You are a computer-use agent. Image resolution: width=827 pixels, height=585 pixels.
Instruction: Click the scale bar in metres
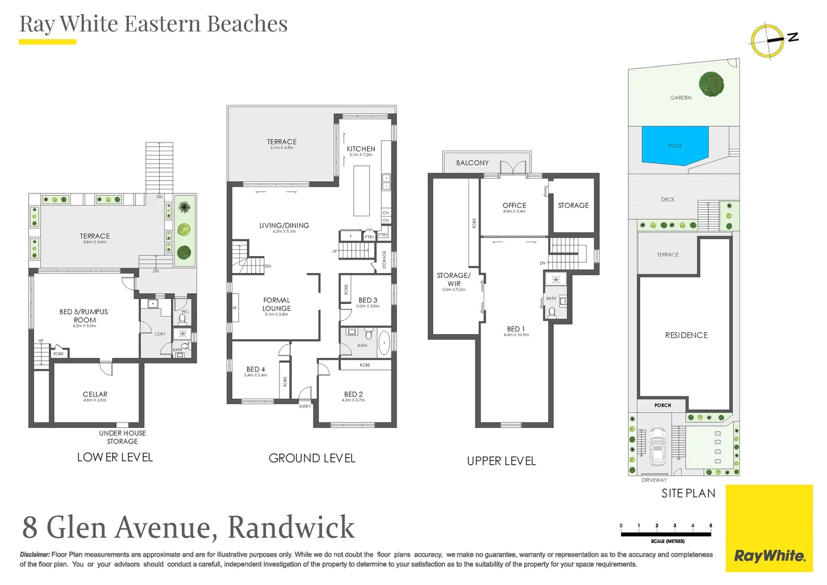click(x=666, y=534)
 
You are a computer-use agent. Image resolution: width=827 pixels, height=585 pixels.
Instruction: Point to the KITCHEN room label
click(x=361, y=149)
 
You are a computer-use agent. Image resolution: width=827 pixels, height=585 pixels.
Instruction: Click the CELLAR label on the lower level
click(x=95, y=394)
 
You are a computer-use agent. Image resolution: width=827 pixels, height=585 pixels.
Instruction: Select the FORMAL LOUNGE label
click(x=277, y=304)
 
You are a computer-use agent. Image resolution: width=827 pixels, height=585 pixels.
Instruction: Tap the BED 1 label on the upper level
click(x=516, y=329)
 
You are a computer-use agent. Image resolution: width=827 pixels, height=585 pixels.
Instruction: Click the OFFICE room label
click(x=514, y=205)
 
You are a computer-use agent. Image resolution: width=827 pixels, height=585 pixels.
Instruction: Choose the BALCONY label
click(x=472, y=163)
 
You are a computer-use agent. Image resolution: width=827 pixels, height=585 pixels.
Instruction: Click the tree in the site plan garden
click(x=711, y=84)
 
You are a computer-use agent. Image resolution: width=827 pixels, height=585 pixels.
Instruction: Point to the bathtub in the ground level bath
click(x=384, y=343)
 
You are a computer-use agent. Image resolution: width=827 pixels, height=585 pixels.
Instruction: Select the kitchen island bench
click(x=361, y=191)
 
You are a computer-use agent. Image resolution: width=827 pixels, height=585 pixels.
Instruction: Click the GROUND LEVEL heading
click(x=312, y=458)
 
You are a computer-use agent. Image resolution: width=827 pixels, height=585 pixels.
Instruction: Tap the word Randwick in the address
click(x=291, y=527)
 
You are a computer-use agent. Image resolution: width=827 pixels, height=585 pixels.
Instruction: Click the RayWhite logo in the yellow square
click(x=769, y=556)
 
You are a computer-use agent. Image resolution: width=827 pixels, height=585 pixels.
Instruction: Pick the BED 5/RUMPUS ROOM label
click(x=84, y=316)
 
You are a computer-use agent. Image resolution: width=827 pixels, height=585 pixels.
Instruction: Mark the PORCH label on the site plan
click(x=662, y=405)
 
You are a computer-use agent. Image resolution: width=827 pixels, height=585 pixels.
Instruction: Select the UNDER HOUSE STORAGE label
click(x=122, y=437)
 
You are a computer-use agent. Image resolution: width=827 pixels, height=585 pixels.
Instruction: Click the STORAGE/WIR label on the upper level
click(x=454, y=279)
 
